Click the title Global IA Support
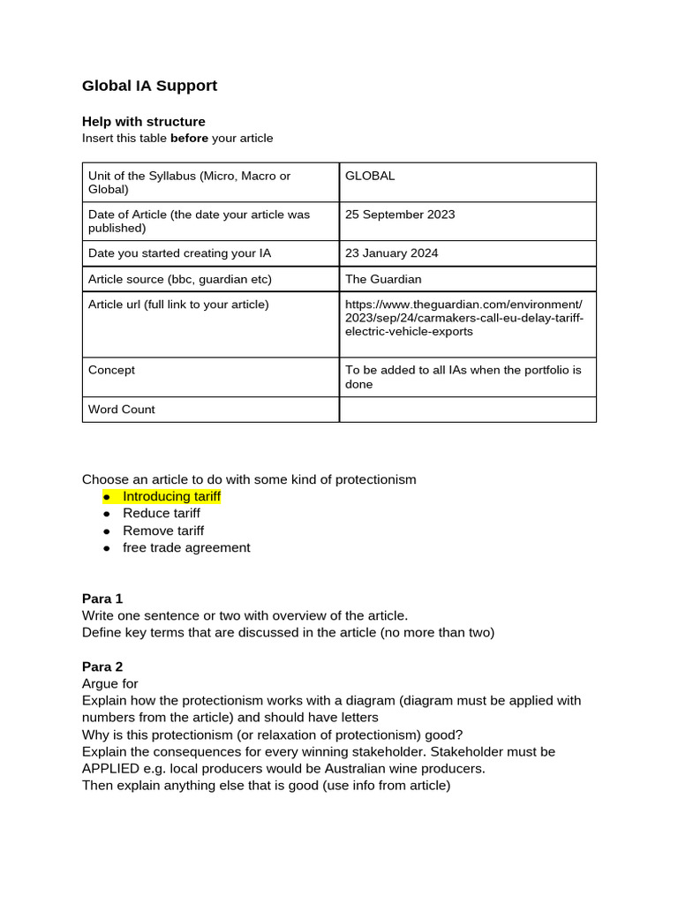click(x=149, y=86)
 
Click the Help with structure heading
click(x=143, y=121)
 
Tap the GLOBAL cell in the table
click(x=370, y=176)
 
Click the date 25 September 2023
click(x=400, y=215)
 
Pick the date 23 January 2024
click(x=391, y=253)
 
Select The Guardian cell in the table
click(x=383, y=279)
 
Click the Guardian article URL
click(x=463, y=318)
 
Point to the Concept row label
click(x=111, y=370)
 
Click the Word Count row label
click(x=121, y=410)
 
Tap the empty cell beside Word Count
click(x=467, y=410)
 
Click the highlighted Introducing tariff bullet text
click(x=171, y=496)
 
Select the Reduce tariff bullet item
click(x=161, y=513)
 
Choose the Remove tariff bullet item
click(x=162, y=531)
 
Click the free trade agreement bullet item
click(x=186, y=547)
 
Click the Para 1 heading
click(x=102, y=599)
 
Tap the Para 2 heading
click(x=102, y=667)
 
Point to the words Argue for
click(x=110, y=683)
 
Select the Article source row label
click(x=179, y=279)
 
